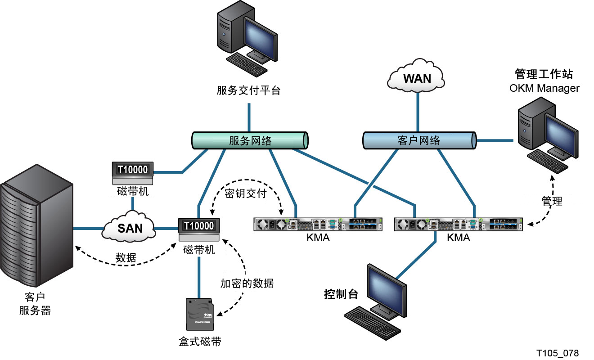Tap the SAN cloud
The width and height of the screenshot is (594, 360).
pyautogui.click(x=129, y=227)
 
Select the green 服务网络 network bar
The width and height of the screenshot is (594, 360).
pyautogui.click(x=250, y=140)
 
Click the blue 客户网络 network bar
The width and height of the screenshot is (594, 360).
pyautogui.click(x=419, y=140)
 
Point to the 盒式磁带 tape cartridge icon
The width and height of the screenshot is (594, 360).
pyautogui.click(x=200, y=315)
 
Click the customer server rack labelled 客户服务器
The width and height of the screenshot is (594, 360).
pyautogui.click(x=36, y=225)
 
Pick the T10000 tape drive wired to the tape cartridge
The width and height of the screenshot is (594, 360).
pyautogui.click(x=199, y=229)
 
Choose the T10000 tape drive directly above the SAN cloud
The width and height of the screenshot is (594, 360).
pyautogui.click(x=133, y=173)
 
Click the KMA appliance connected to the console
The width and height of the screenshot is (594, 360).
pyautogui.click(x=458, y=225)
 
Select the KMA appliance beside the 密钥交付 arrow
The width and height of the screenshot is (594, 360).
pyautogui.click(x=318, y=225)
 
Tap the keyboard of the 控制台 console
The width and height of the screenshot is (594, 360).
pyautogui.click(x=372, y=323)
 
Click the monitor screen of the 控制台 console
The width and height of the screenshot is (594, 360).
pyautogui.click(x=387, y=289)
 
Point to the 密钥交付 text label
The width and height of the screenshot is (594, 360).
pyautogui.click(x=246, y=193)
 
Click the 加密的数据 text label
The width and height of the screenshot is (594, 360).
pyautogui.click(x=247, y=283)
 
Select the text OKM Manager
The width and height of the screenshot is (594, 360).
pyautogui.click(x=544, y=88)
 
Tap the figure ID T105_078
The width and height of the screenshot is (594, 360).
pyautogui.click(x=558, y=353)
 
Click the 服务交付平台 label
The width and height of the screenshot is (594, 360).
pyautogui.click(x=248, y=90)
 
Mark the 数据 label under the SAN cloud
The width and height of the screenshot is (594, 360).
pyautogui.click(x=126, y=258)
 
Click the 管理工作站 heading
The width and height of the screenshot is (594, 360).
pyautogui.click(x=544, y=74)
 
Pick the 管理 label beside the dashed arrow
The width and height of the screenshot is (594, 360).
pyautogui.click(x=552, y=201)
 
